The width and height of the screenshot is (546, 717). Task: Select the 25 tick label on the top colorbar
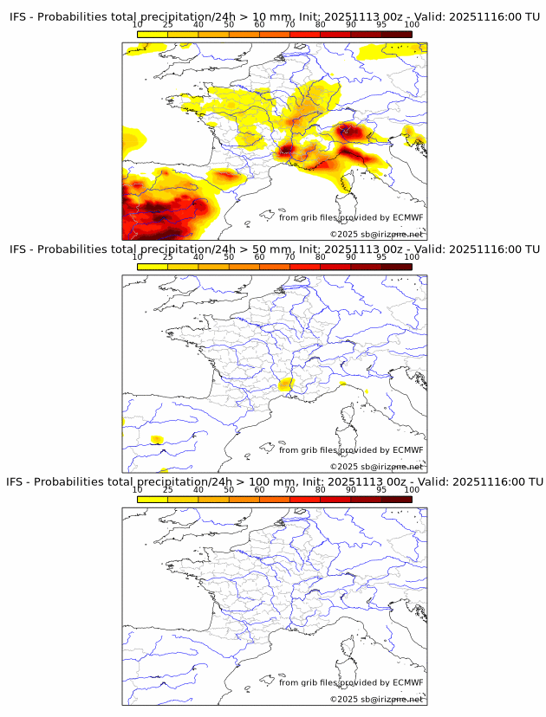(x=168, y=25)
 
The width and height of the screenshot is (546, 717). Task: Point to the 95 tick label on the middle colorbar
(x=381, y=257)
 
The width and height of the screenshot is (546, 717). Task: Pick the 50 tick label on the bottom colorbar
(x=229, y=489)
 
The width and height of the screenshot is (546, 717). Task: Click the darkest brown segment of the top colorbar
(x=396, y=34)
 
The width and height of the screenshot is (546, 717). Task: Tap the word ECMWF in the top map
(x=408, y=217)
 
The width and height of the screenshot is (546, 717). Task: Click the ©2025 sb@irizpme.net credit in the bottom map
(x=376, y=699)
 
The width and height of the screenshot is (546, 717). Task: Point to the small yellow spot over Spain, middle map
(x=157, y=440)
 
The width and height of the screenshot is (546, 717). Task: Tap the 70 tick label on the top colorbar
(x=289, y=25)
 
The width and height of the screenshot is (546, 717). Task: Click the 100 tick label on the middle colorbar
(x=412, y=257)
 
